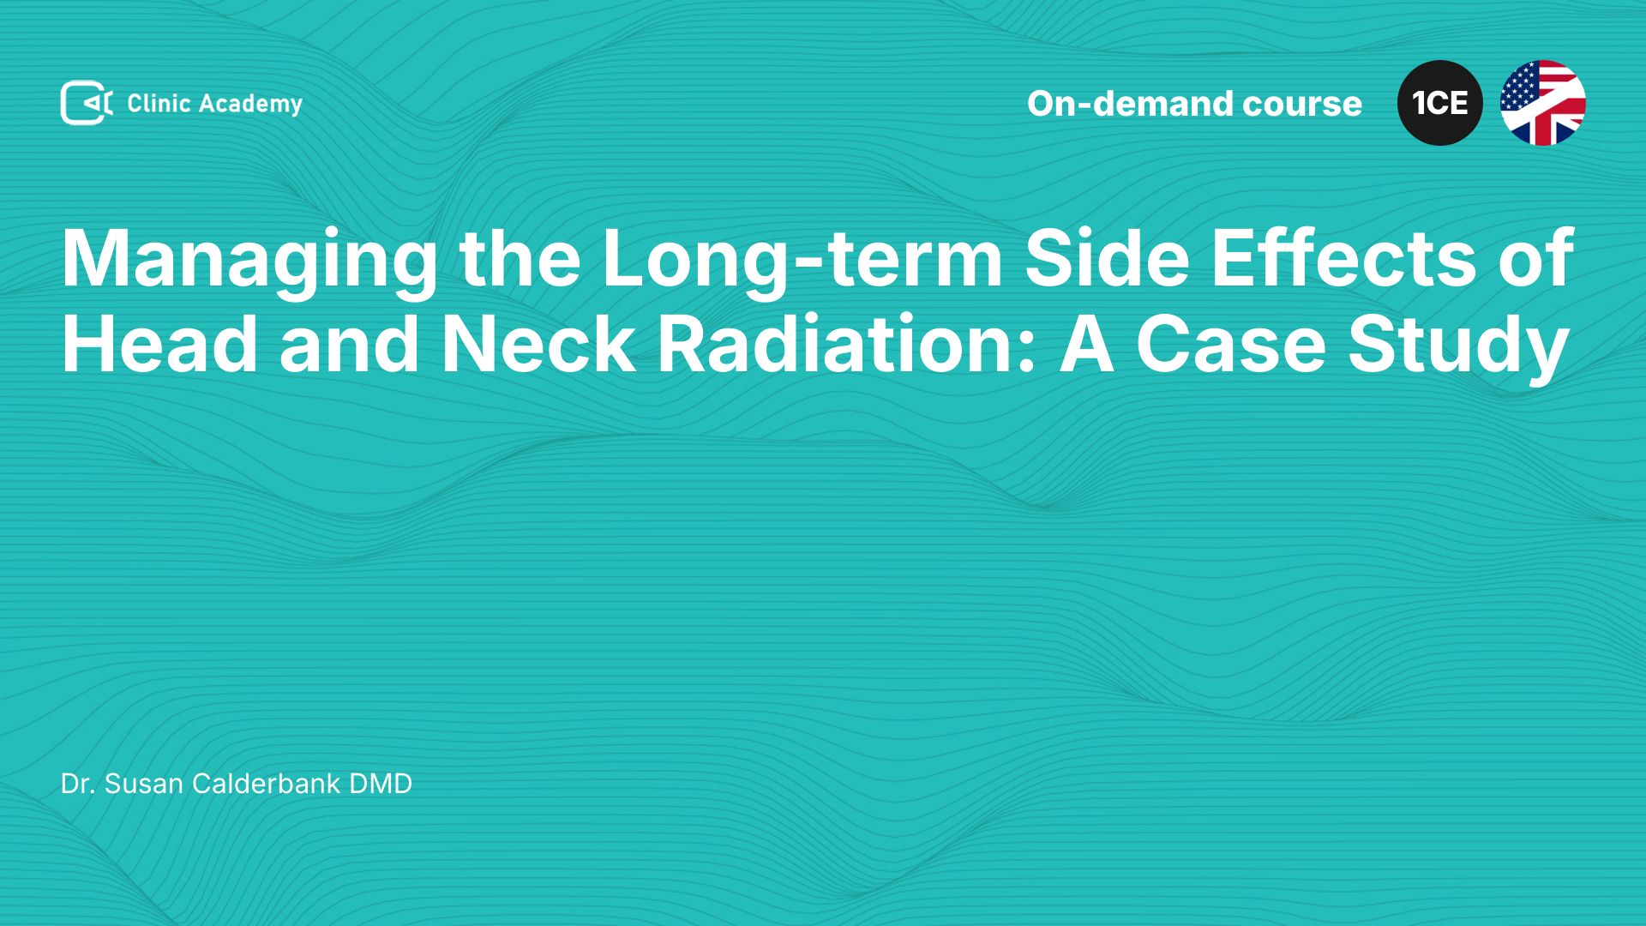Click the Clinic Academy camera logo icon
pyautogui.click(x=87, y=103)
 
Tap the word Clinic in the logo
pyautogui.click(x=159, y=104)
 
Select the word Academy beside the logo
pyautogui.click(x=251, y=105)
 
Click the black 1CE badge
pyautogui.click(x=1440, y=103)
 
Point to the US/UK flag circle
pyautogui.click(x=1543, y=103)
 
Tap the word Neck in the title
pyautogui.click(x=538, y=343)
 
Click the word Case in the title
pyautogui.click(x=1231, y=343)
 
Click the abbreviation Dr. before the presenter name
pyautogui.click(x=78, y=784)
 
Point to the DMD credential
pyautogui.click(x=381, y=784)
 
